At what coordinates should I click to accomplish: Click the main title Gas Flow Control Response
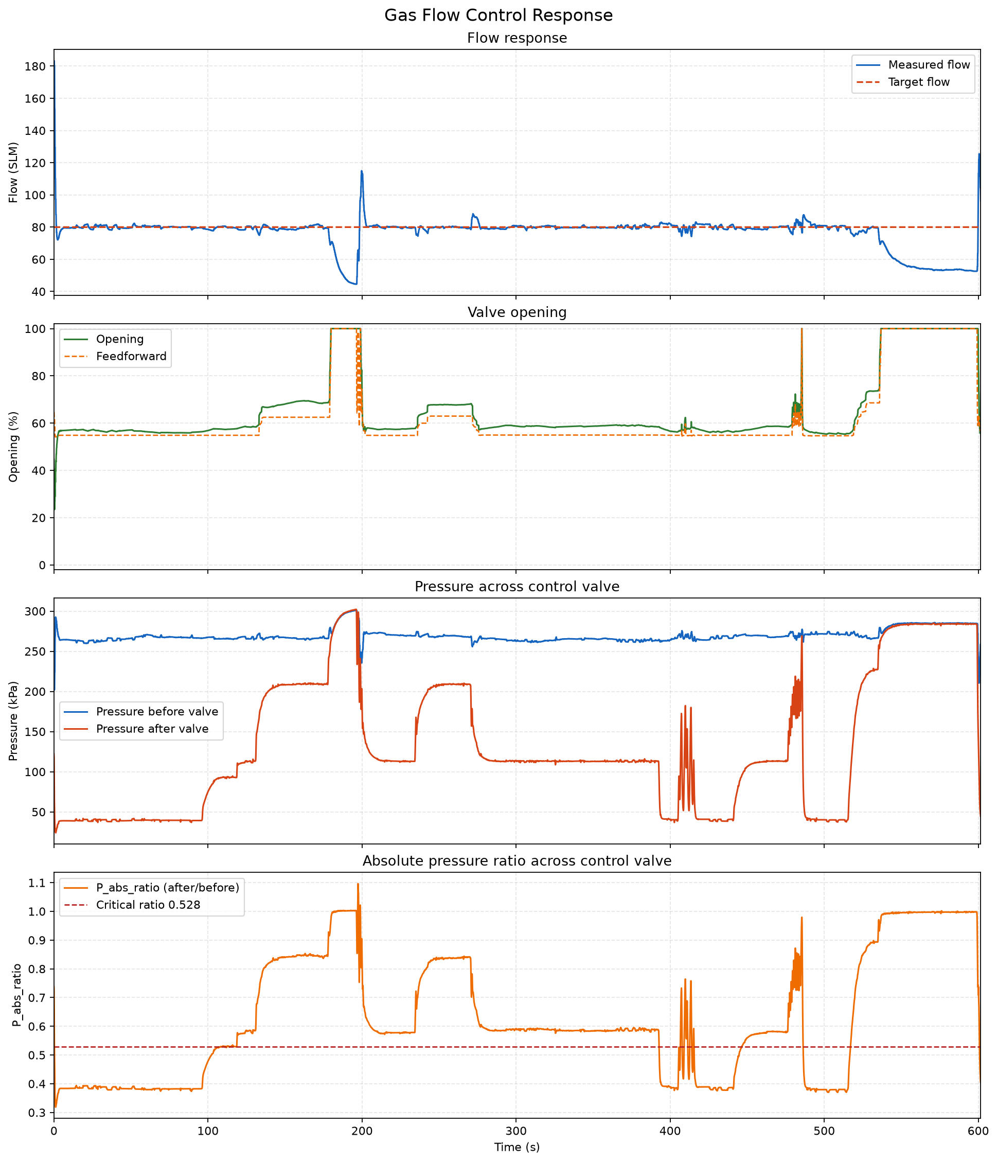498,15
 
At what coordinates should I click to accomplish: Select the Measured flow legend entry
913,64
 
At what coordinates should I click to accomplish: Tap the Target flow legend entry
903,82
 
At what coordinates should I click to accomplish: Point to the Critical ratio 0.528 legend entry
130,905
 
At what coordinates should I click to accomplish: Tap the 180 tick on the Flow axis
37,67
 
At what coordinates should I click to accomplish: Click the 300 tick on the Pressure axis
37,611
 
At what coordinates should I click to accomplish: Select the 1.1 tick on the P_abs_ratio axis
39,883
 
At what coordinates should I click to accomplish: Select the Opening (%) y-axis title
13,447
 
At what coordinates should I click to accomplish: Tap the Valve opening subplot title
517,312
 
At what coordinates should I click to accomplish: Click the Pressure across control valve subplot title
517,587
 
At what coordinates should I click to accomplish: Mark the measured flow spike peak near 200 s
362,171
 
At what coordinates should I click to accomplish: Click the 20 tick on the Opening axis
42,518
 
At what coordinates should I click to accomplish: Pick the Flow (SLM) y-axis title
13,173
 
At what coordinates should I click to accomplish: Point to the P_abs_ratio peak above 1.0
358,885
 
